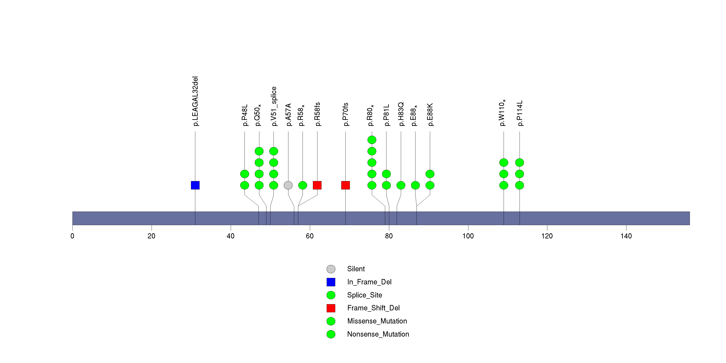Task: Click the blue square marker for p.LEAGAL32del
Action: click(195, 185)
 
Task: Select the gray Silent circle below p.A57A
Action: click(288, 185)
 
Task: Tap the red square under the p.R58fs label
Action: click(317, 185)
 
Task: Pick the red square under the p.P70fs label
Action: click(346, 185)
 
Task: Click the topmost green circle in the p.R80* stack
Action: click(372, 140)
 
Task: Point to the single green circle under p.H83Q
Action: click(401, 185)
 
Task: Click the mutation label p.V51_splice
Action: click(274, 106)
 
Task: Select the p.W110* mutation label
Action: click(502, 113)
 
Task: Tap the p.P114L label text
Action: click(520, 113)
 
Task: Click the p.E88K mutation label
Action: click(430, 114)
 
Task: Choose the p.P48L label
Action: click(245, 115)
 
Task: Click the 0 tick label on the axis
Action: click(72, 236)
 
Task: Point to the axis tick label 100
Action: click(468, 236)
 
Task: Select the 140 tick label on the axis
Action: click(626, 236)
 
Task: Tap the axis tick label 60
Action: click(310, 236)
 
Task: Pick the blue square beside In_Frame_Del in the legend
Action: click(331, 282)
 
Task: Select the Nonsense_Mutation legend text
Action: click(378, 334)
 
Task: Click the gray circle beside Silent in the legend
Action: click(331, 269)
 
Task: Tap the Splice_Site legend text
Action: click(365, 295)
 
